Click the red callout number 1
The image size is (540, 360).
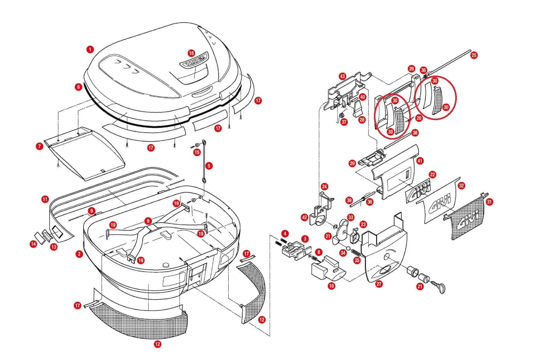point(90,49)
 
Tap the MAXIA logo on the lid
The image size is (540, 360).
point(194,60)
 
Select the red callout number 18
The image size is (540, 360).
point(191,53)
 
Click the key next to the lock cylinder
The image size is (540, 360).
point(439,286)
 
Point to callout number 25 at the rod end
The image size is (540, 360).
point(474,55)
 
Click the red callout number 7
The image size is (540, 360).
point(40,146)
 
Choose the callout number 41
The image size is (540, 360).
point(420,161)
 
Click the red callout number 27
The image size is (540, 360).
point(379,284)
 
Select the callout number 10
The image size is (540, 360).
point(332,286)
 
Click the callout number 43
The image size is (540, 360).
point(343,76)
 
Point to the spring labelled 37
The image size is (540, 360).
point(342,116)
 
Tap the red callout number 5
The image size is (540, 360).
point(209,166)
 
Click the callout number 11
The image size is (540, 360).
point(45,199)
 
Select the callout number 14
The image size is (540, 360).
point(34,244)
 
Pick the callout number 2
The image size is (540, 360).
point(79,254)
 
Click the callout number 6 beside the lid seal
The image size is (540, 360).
point(79,87)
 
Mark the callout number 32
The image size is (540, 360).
point(461,185)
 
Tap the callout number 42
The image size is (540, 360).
point(304,217)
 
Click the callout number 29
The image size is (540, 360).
point(352,163)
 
